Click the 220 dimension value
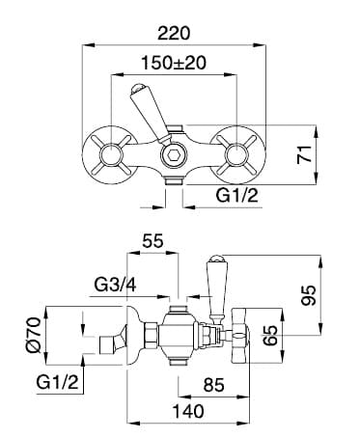click(x=174, y=34)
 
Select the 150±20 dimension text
click(x=174, y=63)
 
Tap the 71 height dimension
click(x=305, y=154)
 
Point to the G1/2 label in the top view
click(x=237, y=195)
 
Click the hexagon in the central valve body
click(x=174, y=156)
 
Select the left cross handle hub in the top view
click(x=111, y=155)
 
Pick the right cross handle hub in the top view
click(x=236, y=155)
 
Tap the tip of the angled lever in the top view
click(x=138, y=87)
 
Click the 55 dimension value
click(x=153, y=241)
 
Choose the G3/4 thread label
click(x=115, y=285)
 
